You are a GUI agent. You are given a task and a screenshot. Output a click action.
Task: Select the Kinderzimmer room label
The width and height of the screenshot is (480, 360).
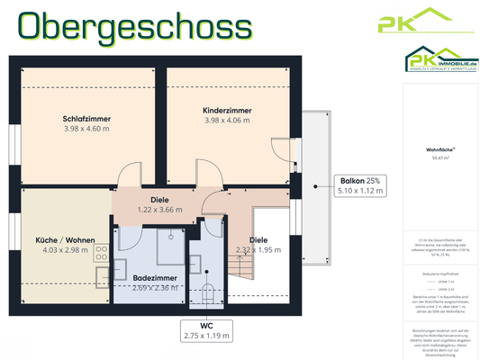[227, 110]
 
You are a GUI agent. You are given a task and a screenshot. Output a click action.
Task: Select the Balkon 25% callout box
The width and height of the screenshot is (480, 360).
[359, 184]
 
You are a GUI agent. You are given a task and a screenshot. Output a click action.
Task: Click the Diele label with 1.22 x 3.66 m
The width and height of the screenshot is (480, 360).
[159, 204]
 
